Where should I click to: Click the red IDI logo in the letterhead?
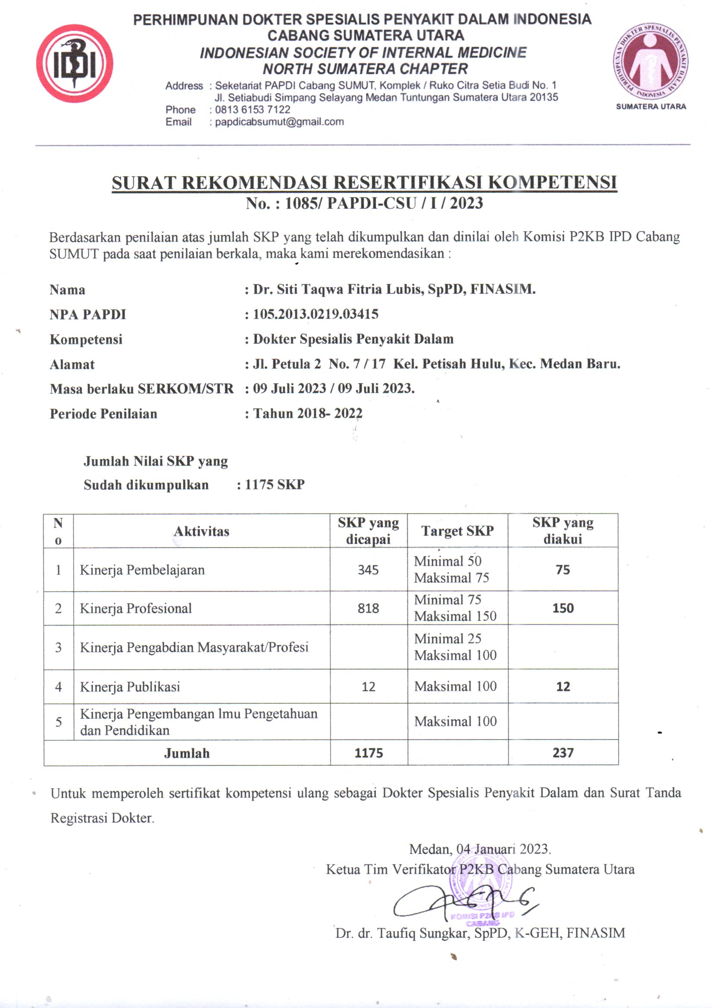point(75,64)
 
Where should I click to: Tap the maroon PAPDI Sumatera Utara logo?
point(650,62)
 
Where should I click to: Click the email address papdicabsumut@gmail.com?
point(279,122)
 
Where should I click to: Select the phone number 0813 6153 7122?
point(253,110)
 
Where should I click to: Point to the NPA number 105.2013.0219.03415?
point(315,314)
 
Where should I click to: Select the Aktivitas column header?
point(201,531)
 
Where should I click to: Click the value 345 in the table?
point(368,570)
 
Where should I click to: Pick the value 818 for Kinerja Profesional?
point(368,608)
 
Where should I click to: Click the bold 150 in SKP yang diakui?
point(563,608)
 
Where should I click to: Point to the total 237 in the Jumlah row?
point(563,752)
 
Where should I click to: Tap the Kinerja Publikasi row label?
point(130,687)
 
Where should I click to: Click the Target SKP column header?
point(457,531)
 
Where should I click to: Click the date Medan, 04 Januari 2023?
point(480,848)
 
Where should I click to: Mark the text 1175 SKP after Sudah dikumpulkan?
point(275,484)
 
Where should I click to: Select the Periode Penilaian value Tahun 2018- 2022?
point(308,413)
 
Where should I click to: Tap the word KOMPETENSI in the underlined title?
point(552,182)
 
